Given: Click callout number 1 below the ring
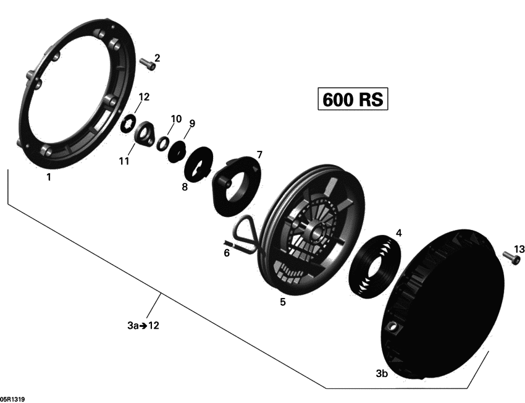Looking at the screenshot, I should click(48, 177).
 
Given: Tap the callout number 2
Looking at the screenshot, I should click(157, 58).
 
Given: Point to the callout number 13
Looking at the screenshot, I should click(519, 249).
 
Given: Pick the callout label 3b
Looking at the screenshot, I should click(382, 373).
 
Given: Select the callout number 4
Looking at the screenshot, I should click(398, 233).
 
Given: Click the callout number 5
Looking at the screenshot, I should click(282, 302).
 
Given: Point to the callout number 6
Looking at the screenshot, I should click(226, 253).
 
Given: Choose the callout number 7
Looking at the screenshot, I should click(259, 154).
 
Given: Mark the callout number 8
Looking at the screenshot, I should click(184, 186).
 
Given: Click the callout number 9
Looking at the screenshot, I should click(191, 124).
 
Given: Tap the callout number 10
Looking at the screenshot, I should click(176, 118).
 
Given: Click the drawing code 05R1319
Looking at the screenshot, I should click(13, 399).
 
